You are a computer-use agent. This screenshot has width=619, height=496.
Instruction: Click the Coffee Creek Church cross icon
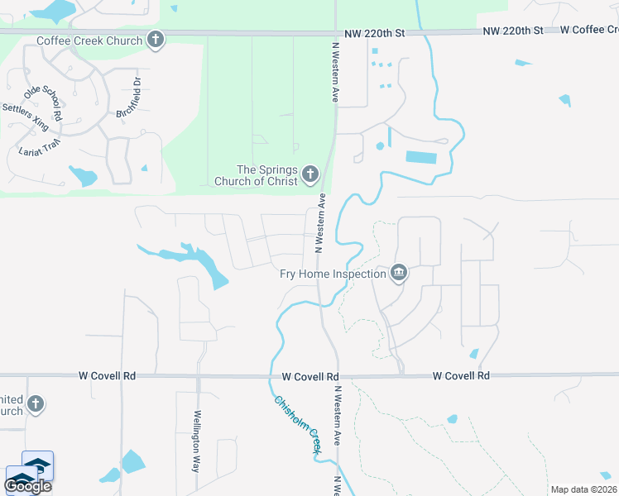coord(155,39)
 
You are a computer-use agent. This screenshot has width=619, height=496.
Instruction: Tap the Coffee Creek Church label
coord(89,40)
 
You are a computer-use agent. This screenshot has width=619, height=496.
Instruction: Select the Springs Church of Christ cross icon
coord(310,174)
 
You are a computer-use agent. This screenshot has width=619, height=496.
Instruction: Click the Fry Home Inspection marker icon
coord(399,274)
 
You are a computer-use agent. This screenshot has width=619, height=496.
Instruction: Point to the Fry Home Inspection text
coord(333,274)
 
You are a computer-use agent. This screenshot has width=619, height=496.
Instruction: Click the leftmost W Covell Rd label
coord(107,375)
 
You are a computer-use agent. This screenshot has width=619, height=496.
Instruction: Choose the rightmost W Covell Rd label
coord(461,375)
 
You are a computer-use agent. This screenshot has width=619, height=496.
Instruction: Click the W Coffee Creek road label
coord(588,31)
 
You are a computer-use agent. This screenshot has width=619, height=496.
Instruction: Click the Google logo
coord(27,485)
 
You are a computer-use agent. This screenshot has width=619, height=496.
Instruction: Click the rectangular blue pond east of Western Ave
coord(421,157)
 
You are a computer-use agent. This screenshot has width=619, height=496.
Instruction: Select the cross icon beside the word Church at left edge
coord(35,403)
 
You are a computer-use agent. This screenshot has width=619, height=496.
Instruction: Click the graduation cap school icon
coord(36,465)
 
